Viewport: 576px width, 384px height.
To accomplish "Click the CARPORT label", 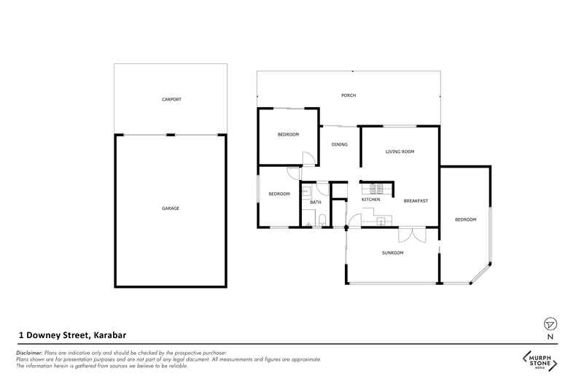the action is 171,100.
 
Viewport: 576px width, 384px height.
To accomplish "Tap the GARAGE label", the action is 171,208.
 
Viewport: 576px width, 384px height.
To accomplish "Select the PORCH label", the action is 349,95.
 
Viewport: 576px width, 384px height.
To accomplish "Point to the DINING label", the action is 340,145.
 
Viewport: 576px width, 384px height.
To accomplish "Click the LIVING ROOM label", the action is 400,152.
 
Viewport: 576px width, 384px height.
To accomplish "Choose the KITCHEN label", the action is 370,200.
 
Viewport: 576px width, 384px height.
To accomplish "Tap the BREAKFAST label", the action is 416,201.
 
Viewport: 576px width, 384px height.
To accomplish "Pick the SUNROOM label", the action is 393,253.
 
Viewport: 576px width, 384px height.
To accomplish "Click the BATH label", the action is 316,203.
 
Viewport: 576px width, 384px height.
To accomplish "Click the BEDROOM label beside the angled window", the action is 465,219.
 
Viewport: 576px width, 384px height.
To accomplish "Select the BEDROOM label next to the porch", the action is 289,135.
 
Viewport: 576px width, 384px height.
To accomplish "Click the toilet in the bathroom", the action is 322,220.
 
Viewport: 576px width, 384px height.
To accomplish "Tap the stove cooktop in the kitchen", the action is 376,189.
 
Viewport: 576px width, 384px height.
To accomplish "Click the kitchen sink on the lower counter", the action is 381,221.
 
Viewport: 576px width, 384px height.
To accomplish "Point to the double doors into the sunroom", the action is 412,235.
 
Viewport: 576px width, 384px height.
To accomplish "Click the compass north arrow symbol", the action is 550,324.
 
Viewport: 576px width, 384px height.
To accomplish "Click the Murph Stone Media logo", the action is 540,361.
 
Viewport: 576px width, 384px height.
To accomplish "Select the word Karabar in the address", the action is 110,335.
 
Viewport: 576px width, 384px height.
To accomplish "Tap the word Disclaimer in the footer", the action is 29,353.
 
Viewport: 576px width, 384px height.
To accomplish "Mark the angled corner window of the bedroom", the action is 480,273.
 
